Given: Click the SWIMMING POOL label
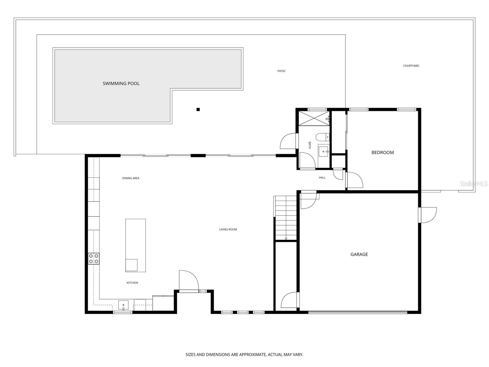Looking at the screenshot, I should click(x=121, y=83).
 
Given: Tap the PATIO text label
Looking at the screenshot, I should click(x=281, y=71).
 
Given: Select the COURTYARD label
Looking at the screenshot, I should click(x=411, y=66).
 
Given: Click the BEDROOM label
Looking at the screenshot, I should click(x=382, y=152).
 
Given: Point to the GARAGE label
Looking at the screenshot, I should click(x=359, y=254).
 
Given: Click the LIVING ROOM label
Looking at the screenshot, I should click(x=228, y=229).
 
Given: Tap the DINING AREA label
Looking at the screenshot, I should click(x=131, y=178).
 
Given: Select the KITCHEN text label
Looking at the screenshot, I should click(x=132, y=283).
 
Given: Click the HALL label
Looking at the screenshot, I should click(x=322, y=177).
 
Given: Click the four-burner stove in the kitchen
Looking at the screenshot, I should click(x=94, y=258).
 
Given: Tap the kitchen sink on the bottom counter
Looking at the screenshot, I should click(x=123, y=305).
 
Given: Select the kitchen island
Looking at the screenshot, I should click(x=135, y=245).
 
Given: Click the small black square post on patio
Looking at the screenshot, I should click(x=198, y=109).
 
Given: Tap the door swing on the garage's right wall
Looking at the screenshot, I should click(x=428, y=215).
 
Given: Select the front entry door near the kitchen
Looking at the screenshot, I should click(x=188, y=281).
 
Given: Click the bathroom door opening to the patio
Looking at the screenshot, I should click(x=288, y=141).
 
